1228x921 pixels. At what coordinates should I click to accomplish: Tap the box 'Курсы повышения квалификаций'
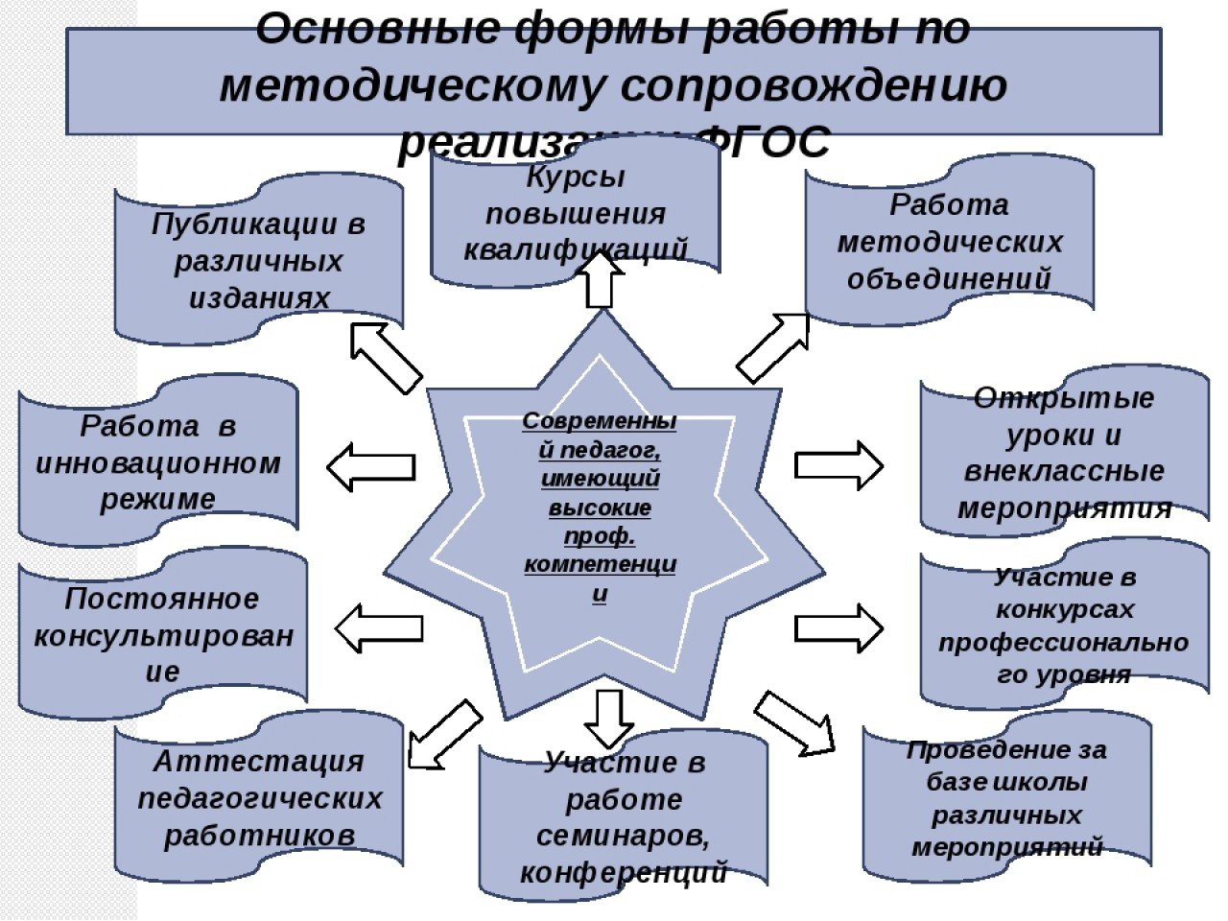pos(576,213)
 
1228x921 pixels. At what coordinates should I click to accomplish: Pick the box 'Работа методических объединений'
pos(949,242)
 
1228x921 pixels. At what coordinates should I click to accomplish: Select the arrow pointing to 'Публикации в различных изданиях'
pos(384,357)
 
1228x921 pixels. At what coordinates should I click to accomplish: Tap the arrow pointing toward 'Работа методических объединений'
pos(773,347)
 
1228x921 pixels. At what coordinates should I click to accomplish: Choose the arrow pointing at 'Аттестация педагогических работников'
pos(443,734)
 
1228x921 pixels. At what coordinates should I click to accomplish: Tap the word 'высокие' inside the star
pos(600,508)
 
